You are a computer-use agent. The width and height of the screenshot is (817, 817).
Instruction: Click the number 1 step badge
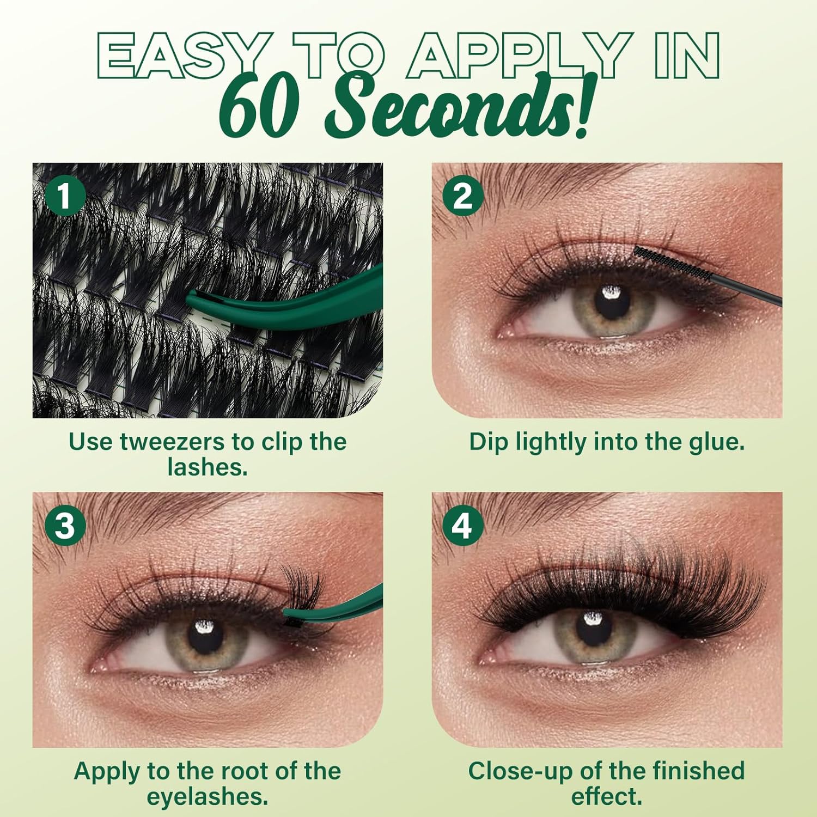[65, 196]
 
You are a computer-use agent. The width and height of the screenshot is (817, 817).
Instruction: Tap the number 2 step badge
[462, 196]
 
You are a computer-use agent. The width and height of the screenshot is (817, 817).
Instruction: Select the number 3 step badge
[65, 526]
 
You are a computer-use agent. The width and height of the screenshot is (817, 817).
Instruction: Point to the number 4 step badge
[462, 526]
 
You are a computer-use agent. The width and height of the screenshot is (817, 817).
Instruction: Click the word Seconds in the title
[458, 106]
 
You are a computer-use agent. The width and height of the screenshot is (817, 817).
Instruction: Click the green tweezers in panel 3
[349, 602]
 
